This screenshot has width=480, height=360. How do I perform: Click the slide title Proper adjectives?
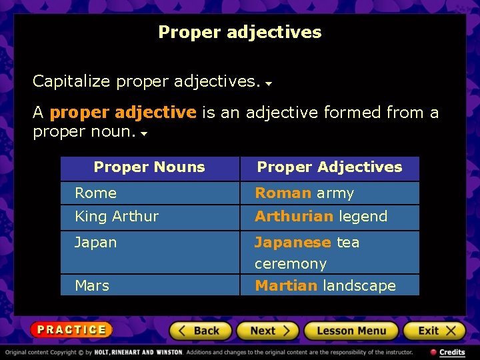239,32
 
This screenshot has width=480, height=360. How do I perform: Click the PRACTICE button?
71,329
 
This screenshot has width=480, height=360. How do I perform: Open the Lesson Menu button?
351,331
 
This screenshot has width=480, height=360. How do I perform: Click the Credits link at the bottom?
448,352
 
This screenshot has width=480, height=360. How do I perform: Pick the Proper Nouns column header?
149,167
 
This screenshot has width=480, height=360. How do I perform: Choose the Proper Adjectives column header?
329,167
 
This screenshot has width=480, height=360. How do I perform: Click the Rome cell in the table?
95,193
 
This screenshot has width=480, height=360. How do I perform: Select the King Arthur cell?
117,217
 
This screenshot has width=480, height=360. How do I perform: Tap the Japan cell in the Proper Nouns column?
95,243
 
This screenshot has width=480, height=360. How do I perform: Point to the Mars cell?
92,286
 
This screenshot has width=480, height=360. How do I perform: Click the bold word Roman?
283,193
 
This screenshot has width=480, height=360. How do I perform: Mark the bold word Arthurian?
294,217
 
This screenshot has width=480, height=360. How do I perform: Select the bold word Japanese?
293,243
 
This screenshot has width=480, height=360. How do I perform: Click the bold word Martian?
286,286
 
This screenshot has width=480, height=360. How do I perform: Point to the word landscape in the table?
359,286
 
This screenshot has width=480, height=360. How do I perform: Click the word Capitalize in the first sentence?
71,81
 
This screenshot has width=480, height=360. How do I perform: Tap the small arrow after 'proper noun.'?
144,133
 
